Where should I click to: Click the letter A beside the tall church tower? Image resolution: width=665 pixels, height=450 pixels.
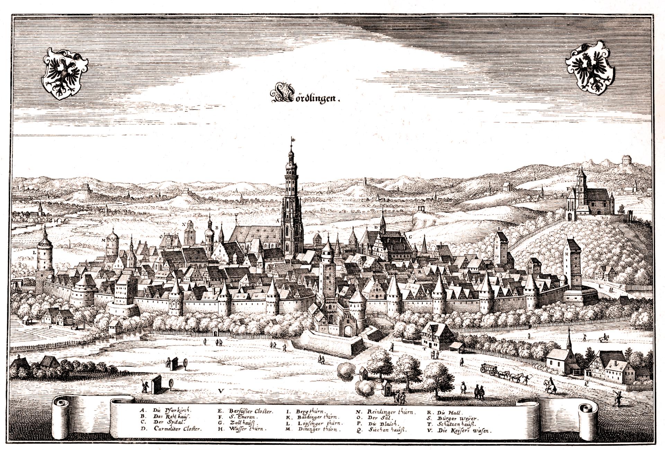click(x=277, y=220)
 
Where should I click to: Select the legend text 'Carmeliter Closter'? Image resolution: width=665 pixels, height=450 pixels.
click(x=177, y=429)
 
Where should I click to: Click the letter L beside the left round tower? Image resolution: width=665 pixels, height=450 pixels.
click(x=34, y=253)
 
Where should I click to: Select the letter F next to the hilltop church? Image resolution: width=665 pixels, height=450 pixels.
click(x=568, y=189)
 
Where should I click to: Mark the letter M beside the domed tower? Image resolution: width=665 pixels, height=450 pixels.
click(x=103, y=240)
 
